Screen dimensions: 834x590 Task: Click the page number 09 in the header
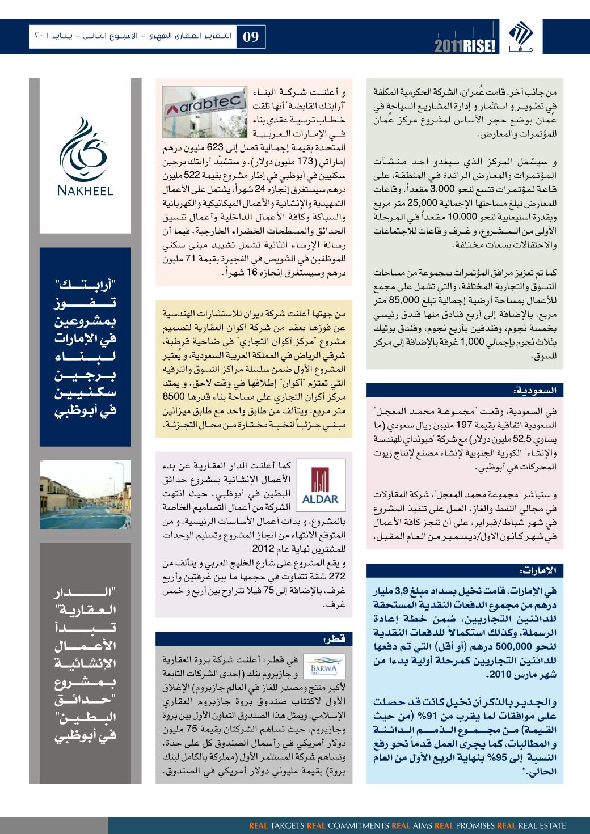[x=251, y=37]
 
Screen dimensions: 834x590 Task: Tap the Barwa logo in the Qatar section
[x=320, y=664]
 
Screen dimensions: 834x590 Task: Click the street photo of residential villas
[x=85, y=494]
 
